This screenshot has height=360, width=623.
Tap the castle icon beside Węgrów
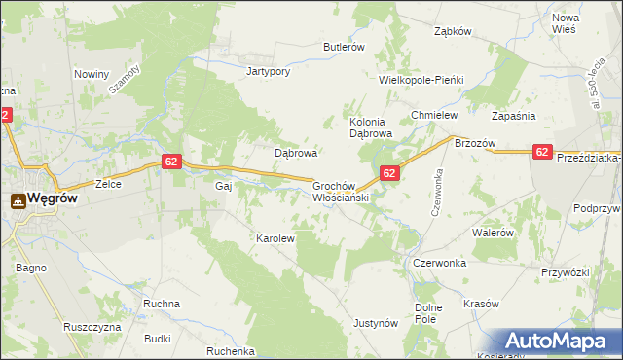click(18, 199)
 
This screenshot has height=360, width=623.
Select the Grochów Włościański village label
click(338, 190)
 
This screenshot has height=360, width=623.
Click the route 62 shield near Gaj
click(170, 162)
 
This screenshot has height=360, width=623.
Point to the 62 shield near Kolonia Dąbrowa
click(388, 173)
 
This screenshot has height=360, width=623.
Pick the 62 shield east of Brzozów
click(543, 152)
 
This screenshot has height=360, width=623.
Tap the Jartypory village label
click(269, 71)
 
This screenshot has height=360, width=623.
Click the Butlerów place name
click(344, 46)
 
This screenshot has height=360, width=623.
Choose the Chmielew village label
click(434, 115)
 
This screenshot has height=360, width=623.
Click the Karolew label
click(275, 237)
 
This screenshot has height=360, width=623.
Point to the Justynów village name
click(377, 323)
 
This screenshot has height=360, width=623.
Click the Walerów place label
click(493, 234)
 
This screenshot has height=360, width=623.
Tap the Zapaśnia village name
click(514, 115)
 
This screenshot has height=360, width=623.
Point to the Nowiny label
click(91, 74)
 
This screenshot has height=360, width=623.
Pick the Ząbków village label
click(453, 31)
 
